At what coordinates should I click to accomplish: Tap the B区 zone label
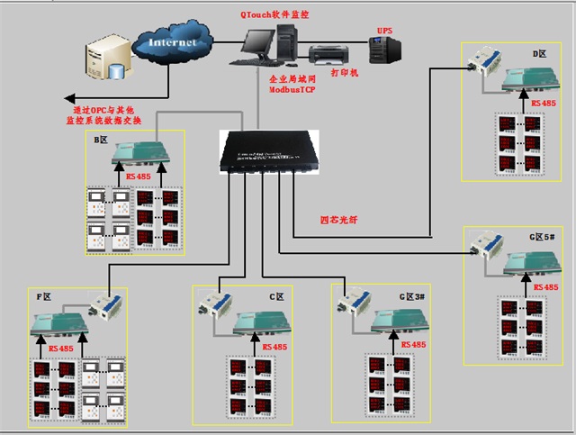pyautogui.click(x=103, y=140)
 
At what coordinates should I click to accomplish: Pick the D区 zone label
pyautogui.click(x=540, y=55)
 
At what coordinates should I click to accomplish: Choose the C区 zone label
pyautogui.click(x=276, y=295)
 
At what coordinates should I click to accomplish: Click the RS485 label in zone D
pyautogui.click(x=544, y=104)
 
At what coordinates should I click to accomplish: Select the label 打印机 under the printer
pyautogui.click(x=345, y=72)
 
